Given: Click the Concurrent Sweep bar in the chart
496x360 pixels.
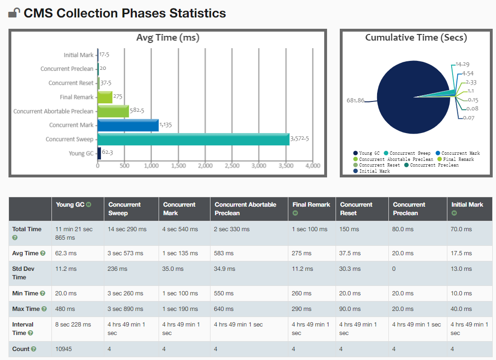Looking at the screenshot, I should [x=193, y=139].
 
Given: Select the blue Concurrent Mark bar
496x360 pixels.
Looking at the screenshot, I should [x=128, y=125].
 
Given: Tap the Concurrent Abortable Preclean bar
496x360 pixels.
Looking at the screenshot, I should [x=113, y=111].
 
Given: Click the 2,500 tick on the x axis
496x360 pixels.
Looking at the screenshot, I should [x=232, y=166].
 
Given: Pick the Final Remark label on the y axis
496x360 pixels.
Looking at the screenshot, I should [x=76, y=97].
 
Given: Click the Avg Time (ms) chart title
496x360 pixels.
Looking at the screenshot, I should [x=168, y=38].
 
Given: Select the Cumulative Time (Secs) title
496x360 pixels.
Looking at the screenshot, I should [x=416, y=37].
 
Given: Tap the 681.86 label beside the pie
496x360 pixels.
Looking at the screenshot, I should [x=355, y=100].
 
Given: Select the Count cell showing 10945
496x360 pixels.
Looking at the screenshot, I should [x=64, y=349].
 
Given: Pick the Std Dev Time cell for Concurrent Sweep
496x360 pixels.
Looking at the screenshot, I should [x=118, y=268].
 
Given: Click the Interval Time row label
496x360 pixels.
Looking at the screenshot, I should [x=23, y=328].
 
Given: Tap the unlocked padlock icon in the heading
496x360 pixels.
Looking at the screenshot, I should [x=14, y=13].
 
